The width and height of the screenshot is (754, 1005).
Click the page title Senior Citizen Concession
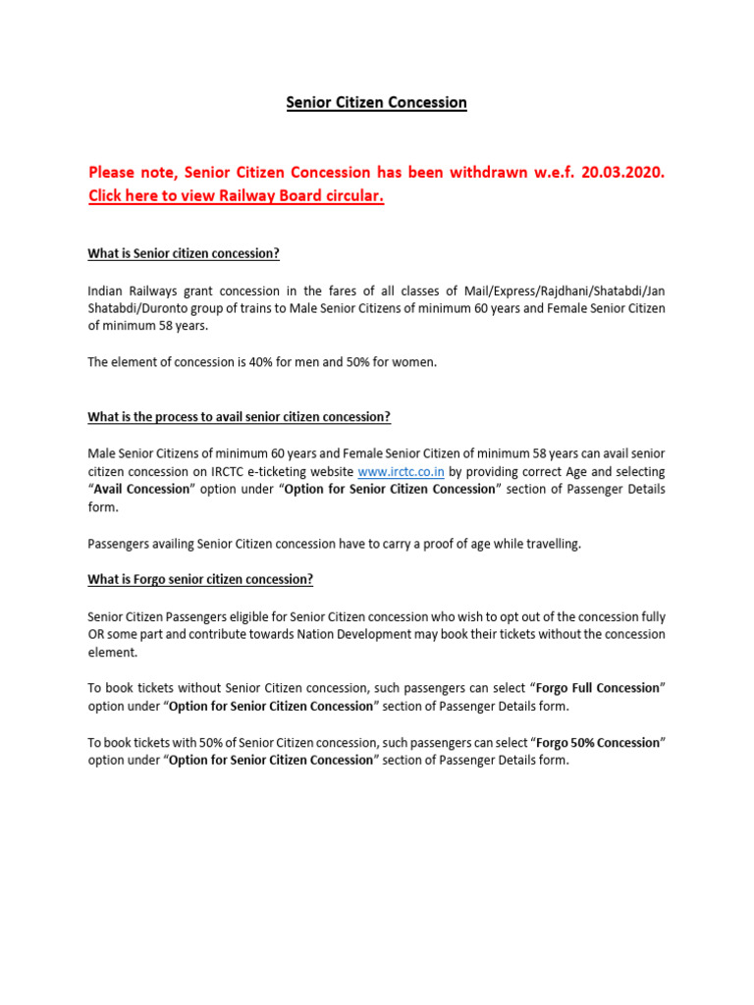[376, 102]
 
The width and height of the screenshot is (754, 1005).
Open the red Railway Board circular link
[236, 196]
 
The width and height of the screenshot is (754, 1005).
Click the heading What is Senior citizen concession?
[184, 253]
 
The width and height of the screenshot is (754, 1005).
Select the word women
[413, 362]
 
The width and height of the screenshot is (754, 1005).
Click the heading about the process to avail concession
[239, 417]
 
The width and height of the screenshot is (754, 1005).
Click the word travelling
[550, 544]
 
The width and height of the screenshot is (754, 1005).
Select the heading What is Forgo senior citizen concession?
[200, 579]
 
